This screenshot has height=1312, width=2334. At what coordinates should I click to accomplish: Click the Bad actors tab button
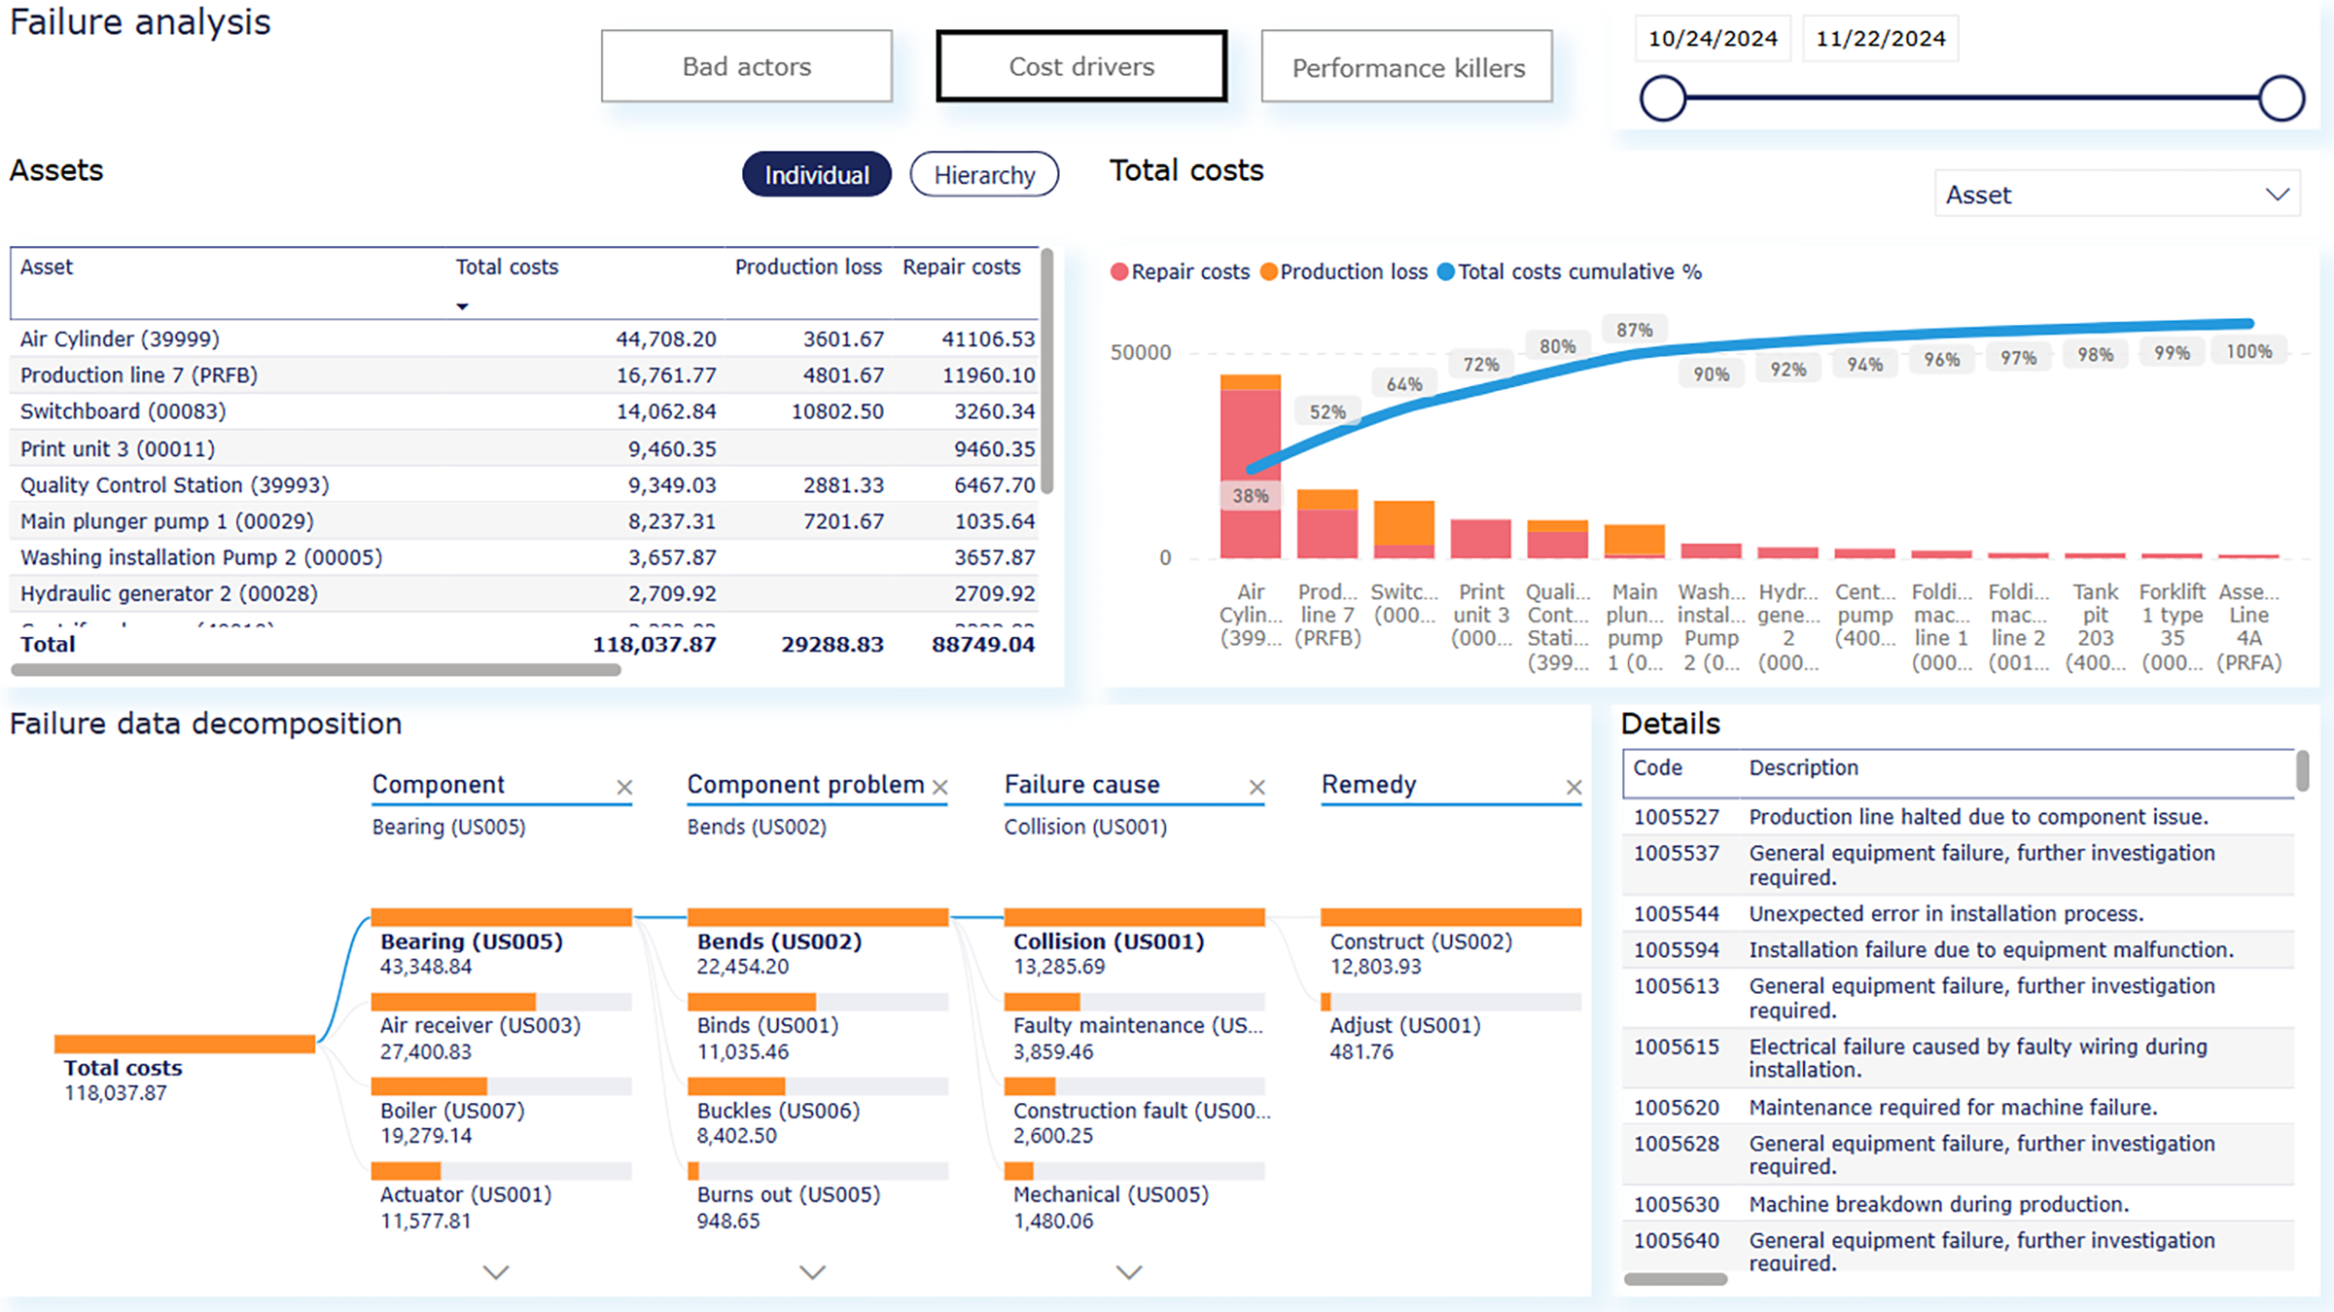[x=746, y=66]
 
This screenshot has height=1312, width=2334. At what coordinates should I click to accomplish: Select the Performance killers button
[x=1406, y=67]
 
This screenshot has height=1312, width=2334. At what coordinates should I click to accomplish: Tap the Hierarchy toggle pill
[x=984, y=175]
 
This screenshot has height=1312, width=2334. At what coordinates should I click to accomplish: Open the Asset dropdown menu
[x=2116, y=195]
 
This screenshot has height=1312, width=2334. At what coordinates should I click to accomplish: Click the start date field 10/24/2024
[x=1712, y=39]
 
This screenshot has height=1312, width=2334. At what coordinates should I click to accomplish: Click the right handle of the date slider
[x=2281, y=98]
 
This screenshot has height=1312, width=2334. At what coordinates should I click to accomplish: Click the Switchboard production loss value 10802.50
[x=836, y=411]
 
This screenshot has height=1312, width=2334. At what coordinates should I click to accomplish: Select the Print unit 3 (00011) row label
[x=118, y=448]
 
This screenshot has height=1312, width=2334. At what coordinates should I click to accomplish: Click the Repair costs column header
[x=961, y=267]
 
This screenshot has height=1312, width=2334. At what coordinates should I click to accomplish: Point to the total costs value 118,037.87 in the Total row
[x=654, y=644]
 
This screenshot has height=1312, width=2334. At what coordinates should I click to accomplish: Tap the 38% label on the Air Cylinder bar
[x=1250, y=496]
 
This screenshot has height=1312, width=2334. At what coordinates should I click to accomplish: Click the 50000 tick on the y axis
[x=1140, y=352]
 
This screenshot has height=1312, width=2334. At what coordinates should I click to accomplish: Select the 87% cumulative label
[x=1634, y=331]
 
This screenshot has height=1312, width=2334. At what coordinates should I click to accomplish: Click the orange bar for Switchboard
[x=1403, y=522]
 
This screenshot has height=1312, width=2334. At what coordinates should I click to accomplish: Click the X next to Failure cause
[x=1256, y=787]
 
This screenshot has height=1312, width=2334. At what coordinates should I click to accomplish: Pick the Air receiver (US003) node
[x=479, y=1025]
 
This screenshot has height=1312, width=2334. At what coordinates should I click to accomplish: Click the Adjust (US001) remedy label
[x=1404, y=1025]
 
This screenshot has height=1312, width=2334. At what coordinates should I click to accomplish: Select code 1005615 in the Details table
[x=1676, y=1047]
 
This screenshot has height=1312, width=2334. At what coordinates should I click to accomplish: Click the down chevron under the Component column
[x=496, y=1272]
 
